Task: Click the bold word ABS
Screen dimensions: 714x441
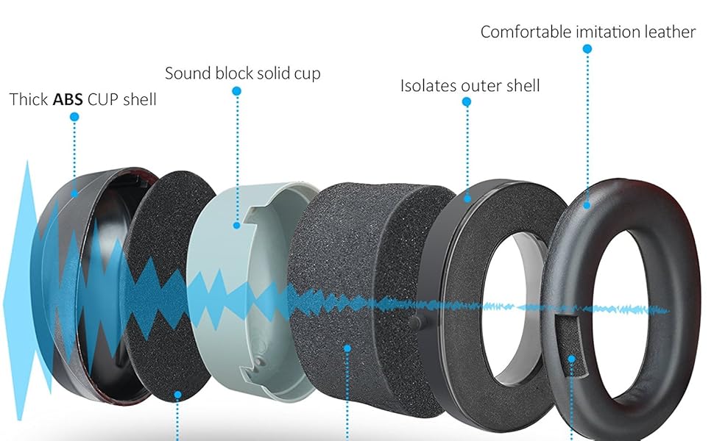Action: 68,99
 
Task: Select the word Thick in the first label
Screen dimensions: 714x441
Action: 29,99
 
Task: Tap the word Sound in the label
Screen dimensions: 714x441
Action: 186,73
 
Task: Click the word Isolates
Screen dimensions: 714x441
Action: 428,86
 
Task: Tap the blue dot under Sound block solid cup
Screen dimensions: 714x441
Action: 236,91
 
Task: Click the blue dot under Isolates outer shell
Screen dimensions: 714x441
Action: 467,103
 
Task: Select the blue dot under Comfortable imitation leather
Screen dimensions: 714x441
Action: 587,49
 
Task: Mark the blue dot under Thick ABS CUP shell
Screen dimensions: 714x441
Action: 74,117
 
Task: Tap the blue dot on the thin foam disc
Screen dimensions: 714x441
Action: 177,395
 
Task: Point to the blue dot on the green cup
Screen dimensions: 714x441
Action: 236,225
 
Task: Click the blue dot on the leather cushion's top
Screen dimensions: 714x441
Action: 587,205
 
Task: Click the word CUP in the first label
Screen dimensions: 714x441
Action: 102,99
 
